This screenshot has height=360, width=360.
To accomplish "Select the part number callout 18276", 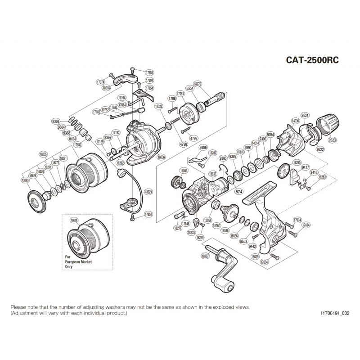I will click(198, 84).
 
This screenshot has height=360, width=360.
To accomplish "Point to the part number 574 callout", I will click(238, 191).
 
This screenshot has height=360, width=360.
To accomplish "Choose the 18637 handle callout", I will click(206, 256).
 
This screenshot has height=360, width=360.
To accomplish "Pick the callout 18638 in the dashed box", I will click(74, 220).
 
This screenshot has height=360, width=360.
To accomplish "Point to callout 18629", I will click(255, 256).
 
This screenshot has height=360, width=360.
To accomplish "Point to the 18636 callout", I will click(162, 157).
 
